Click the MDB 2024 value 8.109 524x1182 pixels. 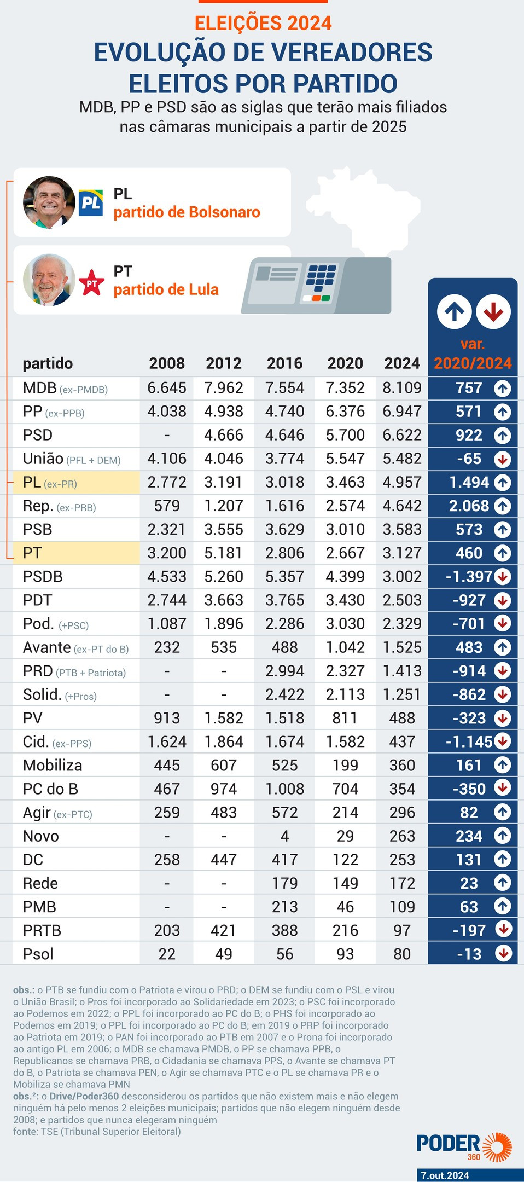402,388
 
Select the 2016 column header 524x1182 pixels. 284,363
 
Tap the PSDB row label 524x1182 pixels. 43,577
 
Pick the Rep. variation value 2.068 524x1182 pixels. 469,506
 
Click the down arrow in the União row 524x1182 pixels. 502,459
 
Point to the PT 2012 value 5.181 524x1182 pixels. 223,553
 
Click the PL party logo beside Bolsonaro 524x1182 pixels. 91,203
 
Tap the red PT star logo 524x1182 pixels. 91,283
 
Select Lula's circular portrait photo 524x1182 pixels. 49,280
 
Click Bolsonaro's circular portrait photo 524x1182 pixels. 49,202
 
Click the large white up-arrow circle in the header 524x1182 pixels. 454,311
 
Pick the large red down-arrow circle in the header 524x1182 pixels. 493,311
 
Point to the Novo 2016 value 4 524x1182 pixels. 284,836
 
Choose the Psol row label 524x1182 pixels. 38,954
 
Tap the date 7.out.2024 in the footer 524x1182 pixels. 445,1175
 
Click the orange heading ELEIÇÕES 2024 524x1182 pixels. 263,24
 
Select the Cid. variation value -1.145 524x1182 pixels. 469,742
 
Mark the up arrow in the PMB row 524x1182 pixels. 502,906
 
